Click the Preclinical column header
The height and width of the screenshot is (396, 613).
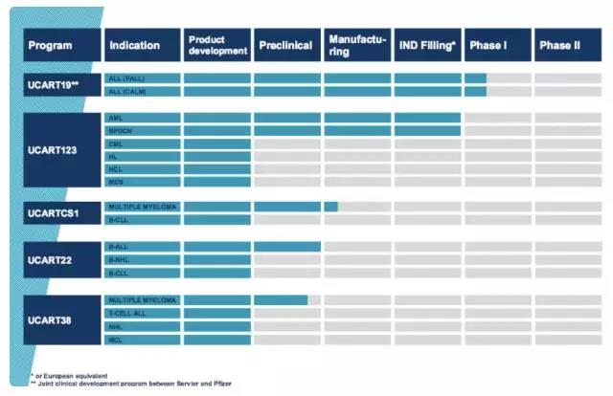(x=286, y=45)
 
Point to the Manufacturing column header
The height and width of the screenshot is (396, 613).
(x=356, y=45)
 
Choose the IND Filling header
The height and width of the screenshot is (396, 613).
(x=427, y=45)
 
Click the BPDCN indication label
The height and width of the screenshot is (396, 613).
(x=121, y=130)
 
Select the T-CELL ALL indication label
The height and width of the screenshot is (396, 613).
(x=128, y=314)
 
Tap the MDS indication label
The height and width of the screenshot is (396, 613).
(x=116, y=182)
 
